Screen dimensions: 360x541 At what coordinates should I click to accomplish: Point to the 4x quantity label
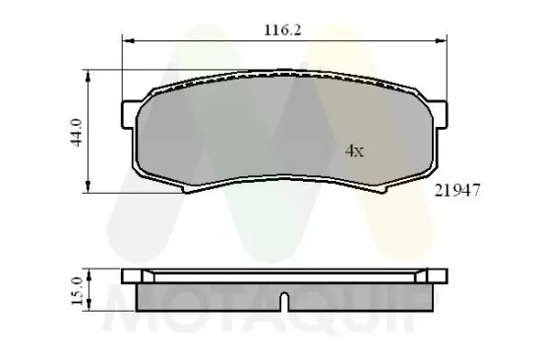tap(354, 150)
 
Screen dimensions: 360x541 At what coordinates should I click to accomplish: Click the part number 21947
tap(456, 194)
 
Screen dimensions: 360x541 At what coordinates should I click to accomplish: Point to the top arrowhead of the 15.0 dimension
tap(90, 271)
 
